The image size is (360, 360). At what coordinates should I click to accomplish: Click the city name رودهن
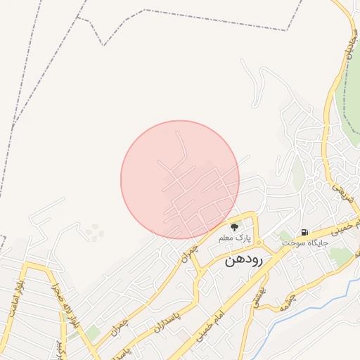coord(243,259)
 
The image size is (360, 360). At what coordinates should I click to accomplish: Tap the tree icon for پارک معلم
coord(234,226)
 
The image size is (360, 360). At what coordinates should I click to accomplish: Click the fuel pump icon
coord(304,232)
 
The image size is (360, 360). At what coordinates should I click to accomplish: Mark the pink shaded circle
coord(180,179)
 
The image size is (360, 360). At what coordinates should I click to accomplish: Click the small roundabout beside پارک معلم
coord(259,243)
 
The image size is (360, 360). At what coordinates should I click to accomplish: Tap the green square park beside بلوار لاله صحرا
coord(94,333)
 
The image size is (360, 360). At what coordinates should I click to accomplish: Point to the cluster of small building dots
coord(94,232)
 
